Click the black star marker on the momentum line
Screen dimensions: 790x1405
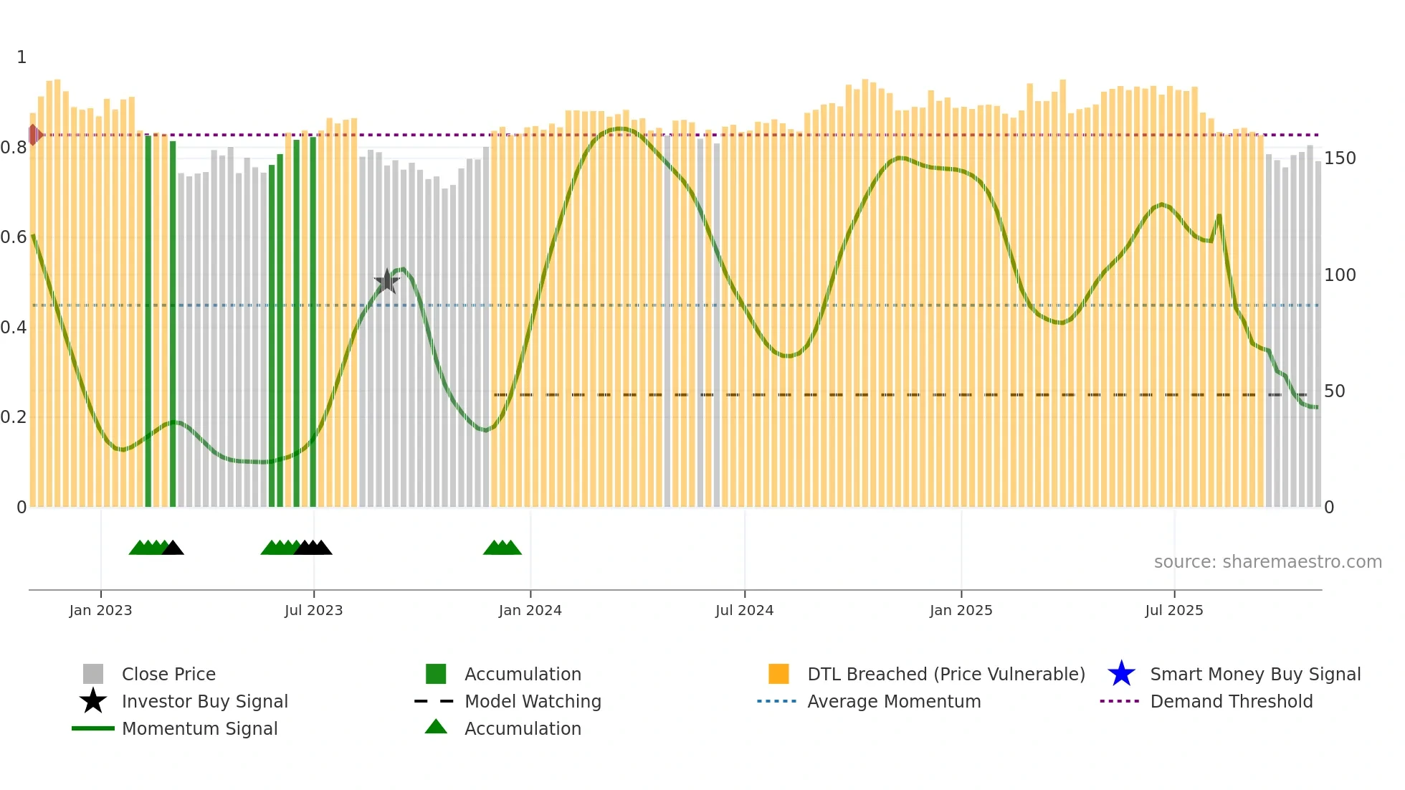[x=387, y=281]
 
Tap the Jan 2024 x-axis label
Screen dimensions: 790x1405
[x=530, y=610]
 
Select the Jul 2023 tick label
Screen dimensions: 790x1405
[x=313, y=610]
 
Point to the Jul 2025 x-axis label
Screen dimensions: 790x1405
[x=1173, y=610]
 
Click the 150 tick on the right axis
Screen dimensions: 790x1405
[x=1339, y=158]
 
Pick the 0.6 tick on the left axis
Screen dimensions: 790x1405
[x=14, y=237]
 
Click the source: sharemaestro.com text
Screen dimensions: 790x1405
[x=1267, y=561]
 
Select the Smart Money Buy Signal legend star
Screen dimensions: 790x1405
[x=1121, y=674]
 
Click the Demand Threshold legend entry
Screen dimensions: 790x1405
[x=1231, y=701]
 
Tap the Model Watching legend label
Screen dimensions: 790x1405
[x=533, y=701]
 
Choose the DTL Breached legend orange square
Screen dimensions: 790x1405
[x=778, y=674]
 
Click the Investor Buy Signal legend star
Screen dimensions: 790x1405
[x=93, y=701]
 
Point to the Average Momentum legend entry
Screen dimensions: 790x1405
[x=893, y=701]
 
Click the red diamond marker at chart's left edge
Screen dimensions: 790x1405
[x=34, y=135]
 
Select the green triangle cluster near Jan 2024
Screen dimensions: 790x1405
[x=502, y=548]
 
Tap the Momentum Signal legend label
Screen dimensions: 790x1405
[x=199, y=728]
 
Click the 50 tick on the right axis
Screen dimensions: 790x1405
[x=1334, y=391]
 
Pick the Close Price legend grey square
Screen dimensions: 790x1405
[x=93, y=674]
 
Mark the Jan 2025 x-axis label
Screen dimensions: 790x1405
[x=961, y=610]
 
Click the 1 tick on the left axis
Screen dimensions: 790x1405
[x=22, y=57]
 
